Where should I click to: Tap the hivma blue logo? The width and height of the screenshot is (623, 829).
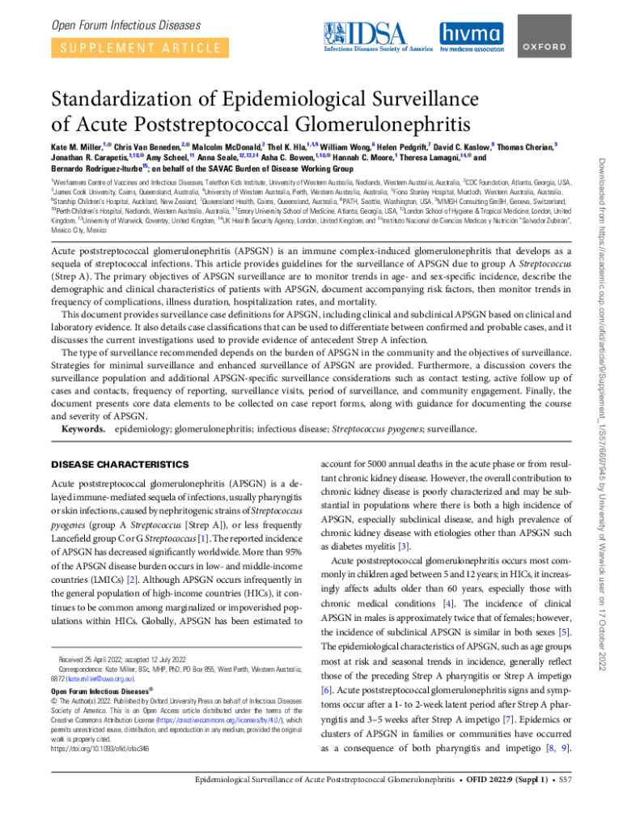tap(470, 35)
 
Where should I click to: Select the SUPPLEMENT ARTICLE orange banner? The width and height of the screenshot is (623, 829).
tap(135, 47)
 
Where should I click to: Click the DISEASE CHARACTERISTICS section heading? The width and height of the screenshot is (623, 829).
tap(119, 465)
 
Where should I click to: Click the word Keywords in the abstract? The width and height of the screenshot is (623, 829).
tap(85, 428)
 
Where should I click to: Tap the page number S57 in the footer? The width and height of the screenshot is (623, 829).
tap(565, 802)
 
